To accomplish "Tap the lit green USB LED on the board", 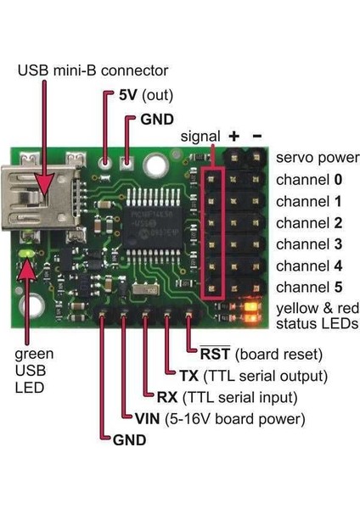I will [28, 254].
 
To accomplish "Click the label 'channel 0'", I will [308, 180].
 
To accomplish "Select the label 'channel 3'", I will [308, 244].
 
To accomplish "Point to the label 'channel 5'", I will [308, 286].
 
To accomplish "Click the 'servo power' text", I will [312, 158].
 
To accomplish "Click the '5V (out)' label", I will [138, 94].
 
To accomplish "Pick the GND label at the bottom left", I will [129, 440].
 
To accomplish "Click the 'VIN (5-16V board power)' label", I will [219, 418].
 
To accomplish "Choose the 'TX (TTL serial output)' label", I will [253, 375].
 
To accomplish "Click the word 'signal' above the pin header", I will [200, 137].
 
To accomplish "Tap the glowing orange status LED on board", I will [248, 317].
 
